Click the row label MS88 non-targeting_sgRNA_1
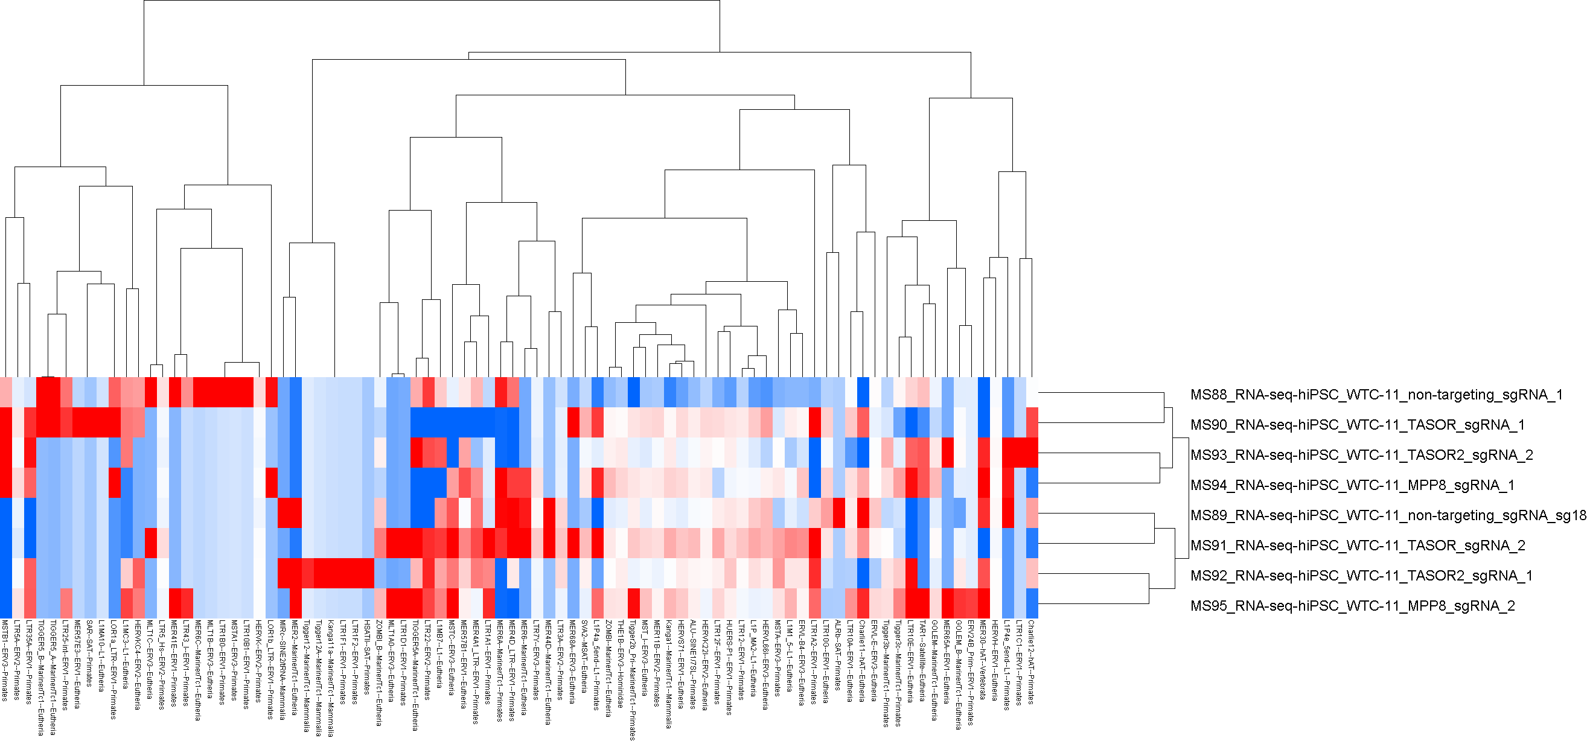point(1376,395)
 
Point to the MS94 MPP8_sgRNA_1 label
point(1352,485)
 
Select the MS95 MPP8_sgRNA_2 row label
point(1352,606)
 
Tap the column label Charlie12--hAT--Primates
point(1031,661)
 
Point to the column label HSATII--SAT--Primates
point(368,659)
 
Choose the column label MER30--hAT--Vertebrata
point(983,660)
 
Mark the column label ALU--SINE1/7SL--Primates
point(694,664)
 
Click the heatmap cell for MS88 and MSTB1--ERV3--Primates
point(5,392)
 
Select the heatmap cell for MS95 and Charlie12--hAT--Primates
point(1032,603)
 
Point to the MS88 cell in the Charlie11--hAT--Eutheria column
point(863,392)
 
